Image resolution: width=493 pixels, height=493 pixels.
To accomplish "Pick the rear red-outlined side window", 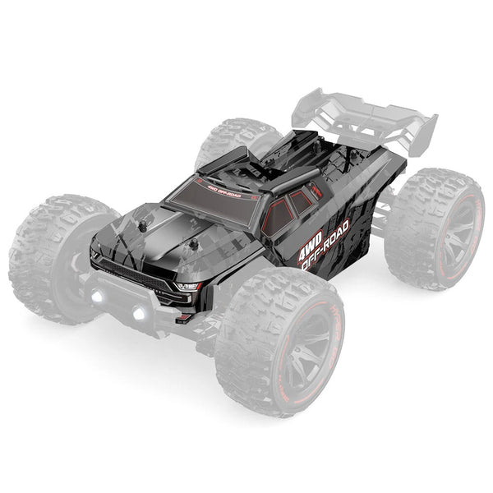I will point(302,200).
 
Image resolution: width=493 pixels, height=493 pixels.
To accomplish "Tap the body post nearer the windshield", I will point(196,244).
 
